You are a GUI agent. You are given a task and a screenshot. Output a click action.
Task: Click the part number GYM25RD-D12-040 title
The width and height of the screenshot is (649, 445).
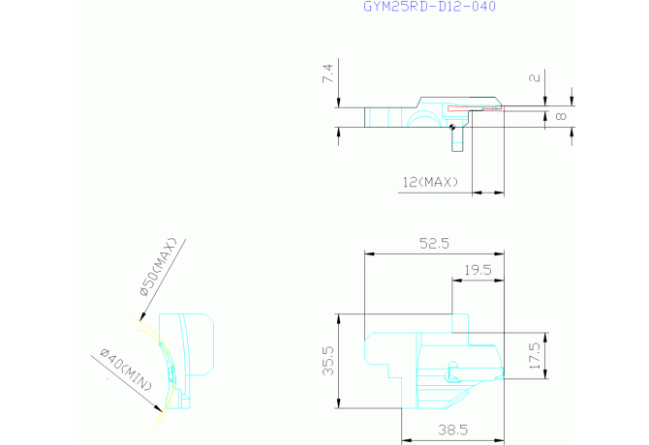point(429,6)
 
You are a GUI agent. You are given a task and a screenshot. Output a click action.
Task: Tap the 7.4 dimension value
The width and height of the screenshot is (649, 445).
point(327,74)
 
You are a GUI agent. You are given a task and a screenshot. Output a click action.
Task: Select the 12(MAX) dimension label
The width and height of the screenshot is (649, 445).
point(430,182)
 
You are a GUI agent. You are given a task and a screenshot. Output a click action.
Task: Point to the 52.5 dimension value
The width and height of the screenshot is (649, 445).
point(434,243)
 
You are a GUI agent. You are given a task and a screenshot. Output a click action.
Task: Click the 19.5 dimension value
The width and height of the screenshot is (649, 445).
point(478,270)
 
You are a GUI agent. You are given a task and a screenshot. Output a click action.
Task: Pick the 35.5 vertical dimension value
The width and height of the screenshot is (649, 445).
point(327,361)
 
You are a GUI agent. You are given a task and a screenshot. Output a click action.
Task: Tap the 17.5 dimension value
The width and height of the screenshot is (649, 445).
point(535,355)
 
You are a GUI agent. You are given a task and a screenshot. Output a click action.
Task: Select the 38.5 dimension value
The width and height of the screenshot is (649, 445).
point(452,430)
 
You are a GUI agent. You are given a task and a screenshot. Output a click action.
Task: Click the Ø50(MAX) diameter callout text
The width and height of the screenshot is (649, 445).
point(159,267)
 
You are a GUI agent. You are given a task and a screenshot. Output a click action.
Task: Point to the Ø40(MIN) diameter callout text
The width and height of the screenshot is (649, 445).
point(126,370)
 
